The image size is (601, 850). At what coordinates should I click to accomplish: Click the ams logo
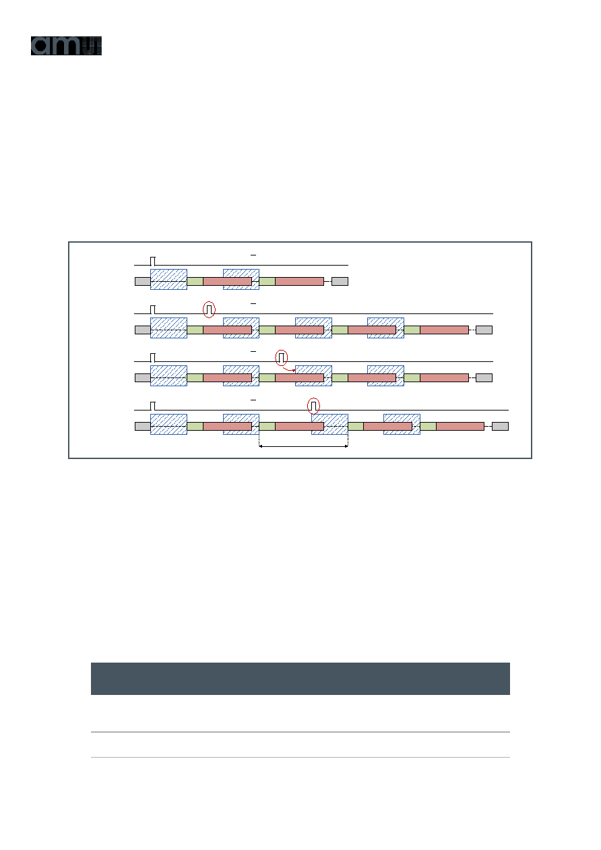pos(66,46)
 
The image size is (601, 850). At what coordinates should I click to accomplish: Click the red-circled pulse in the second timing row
pos(209,309)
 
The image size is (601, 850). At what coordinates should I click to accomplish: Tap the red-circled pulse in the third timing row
pos(281,358)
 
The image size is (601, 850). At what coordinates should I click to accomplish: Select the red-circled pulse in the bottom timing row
pos(313,406)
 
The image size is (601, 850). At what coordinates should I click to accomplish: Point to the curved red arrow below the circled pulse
pos(289,369)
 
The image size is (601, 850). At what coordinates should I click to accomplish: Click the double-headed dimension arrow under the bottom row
pos(303,446)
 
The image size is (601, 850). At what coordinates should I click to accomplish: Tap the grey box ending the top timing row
pos(340,281)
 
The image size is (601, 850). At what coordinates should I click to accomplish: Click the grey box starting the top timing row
pos(143,281)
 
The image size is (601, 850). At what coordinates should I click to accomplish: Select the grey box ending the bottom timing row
pos(500,426)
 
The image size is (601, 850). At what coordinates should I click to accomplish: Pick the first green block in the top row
pos(195,281)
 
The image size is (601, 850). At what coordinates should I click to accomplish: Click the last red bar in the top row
pos(300,281)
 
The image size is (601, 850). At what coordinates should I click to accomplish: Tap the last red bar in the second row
pos(445,330)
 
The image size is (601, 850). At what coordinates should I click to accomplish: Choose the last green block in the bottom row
pos(428,426)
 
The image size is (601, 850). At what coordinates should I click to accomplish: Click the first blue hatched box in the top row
pos(168,279)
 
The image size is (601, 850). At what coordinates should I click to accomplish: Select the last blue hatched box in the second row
pos(385,328)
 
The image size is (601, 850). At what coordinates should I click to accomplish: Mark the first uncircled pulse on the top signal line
pos(153,261)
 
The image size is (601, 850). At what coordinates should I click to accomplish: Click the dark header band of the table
pos(300,679)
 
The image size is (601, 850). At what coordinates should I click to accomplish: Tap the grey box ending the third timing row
pos(484,377)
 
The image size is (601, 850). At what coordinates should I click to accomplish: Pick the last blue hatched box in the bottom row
pos(402,424)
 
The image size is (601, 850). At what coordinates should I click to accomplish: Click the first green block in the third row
pos(195,377)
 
